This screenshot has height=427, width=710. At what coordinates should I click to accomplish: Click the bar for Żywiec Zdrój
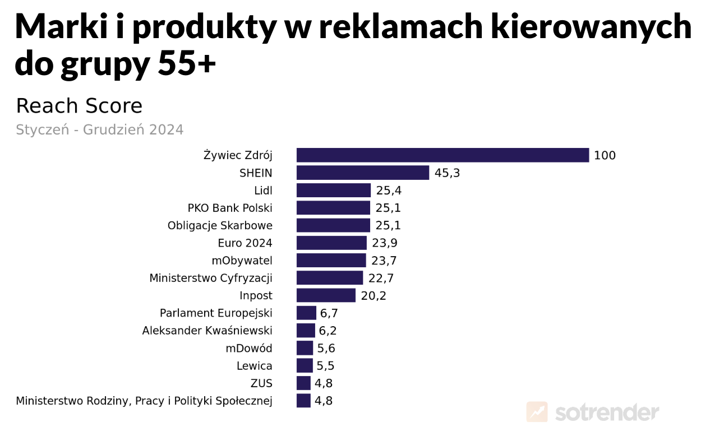tap(442, 155)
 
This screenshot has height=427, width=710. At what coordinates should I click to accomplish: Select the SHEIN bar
tap(362, 173)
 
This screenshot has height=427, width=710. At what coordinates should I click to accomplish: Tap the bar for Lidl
tap(333, 191)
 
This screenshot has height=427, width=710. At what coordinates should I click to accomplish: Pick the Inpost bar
tap(326, 295)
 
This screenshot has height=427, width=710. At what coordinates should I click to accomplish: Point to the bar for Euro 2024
tap(331, 243)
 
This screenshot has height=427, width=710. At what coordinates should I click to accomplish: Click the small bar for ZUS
tap(303, 383)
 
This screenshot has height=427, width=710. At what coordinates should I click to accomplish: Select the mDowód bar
tap(305, 348)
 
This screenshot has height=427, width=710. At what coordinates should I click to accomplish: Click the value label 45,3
tap(447, 173)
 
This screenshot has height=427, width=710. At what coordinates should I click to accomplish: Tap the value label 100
tap(605, 156)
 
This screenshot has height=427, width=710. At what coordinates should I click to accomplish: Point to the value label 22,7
tap(381, 278)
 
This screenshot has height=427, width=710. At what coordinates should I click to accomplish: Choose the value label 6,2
tap(328, 331)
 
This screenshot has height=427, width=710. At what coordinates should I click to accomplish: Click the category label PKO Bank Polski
tap(230, 208)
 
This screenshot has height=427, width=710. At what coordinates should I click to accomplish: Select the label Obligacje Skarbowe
tap(220, 226)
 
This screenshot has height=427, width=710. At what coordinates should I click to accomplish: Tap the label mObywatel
tap(242, 261)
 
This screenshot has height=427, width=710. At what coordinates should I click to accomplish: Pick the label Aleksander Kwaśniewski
tap(207, 331)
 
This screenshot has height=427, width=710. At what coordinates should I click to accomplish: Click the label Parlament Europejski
tap(216, 313)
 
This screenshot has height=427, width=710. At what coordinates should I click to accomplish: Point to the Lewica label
tap(254, 366)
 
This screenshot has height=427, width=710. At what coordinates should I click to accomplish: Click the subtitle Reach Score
tap(79, 106)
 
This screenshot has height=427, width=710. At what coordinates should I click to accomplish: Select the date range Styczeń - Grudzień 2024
tap(100, 130)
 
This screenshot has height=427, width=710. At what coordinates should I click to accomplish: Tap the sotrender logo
tap(593, 412)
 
